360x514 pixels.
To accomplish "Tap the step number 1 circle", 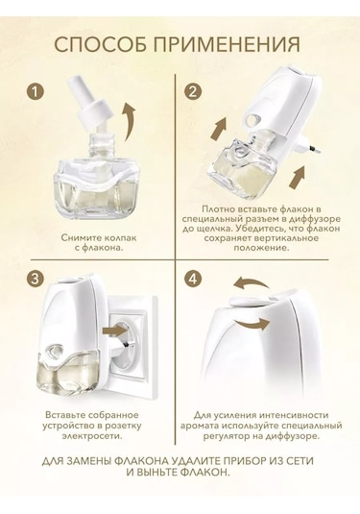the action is click(36, 91).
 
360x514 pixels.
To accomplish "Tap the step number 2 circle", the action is click(193, 91).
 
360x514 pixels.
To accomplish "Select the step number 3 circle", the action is click(36, 279).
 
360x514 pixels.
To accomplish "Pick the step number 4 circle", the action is click(193, 279).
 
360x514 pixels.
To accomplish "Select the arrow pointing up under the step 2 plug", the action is click(299, 177).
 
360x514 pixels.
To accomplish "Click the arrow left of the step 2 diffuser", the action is click(218, 129).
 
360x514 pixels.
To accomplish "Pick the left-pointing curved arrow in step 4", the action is click(252, 282).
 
